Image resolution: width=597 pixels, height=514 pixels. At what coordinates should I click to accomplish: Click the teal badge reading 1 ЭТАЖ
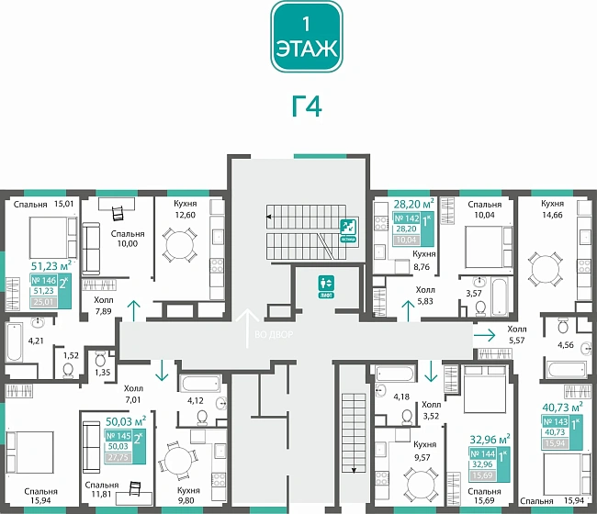pyautogui.click(x=307, y=38)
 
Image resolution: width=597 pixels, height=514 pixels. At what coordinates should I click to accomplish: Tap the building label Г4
pyautogui.click(x=307, y=107)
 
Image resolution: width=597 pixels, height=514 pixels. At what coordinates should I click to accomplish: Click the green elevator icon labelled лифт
pyautogui.click(x=324, y=284)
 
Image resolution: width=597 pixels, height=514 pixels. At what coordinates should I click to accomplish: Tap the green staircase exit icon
pyautogui.click(x=348, y=227)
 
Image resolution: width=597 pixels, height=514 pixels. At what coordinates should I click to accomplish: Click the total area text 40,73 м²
pyautogui.click(x=564, y=406)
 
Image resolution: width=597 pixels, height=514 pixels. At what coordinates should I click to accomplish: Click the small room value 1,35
pyautogui.click(x=101, y=373)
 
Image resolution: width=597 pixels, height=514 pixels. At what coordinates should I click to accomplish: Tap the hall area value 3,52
pyautogui.click(x=432, y=416)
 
